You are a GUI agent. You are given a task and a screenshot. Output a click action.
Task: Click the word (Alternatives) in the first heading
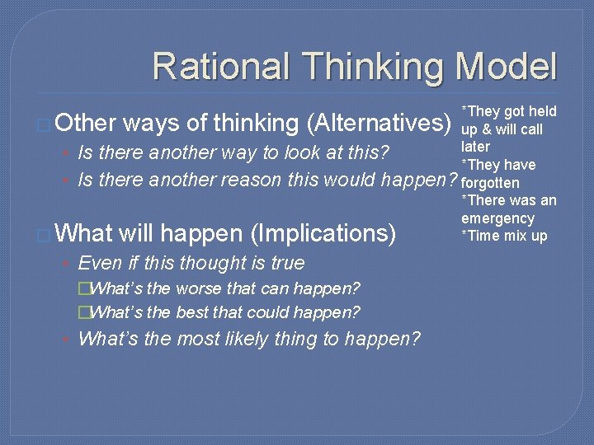coord(379,124)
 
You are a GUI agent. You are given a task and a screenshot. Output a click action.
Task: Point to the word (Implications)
coord(323,234)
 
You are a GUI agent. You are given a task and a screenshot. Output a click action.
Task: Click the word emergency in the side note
coord(497,218)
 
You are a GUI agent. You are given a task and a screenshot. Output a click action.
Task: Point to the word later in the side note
coord(475,147)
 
